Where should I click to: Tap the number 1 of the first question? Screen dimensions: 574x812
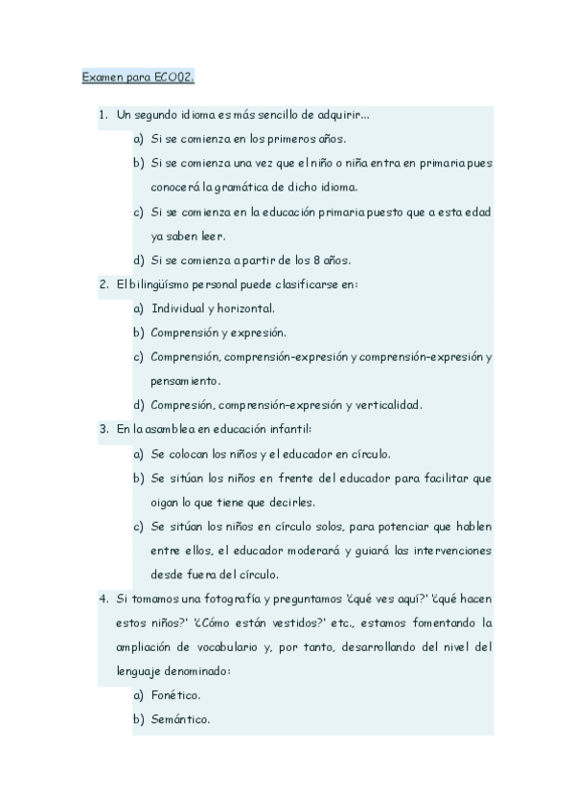click(103, 116)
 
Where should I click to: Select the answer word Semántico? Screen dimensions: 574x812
click(181, 719)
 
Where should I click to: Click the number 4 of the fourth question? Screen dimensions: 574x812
click(103, 598)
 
